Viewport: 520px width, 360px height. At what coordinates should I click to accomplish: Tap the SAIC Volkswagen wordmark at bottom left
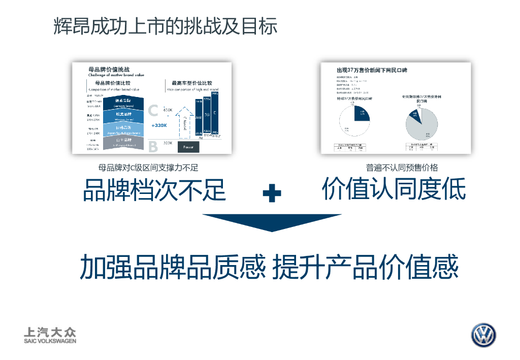(x=50, y=336)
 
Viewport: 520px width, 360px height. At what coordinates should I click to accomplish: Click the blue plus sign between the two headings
(x=272, y=193)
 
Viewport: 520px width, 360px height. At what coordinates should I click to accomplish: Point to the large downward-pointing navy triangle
(x=272, y=221)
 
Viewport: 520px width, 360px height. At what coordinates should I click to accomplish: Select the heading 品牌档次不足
(x=154, y=190)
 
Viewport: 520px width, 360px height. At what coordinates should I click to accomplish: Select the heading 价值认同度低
(x=394, y=189)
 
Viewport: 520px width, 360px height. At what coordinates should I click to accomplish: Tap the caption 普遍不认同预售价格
(x=402, y=168)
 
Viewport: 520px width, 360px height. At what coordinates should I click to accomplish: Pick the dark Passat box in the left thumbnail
(x=188, y=146)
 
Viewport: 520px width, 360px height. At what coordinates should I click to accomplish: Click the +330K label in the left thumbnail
(x=159, y=125)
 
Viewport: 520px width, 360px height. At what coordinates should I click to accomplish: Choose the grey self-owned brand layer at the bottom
(x=123, y=143)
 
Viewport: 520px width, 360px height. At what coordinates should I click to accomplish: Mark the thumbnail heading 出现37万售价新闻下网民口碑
(x=372, y=70)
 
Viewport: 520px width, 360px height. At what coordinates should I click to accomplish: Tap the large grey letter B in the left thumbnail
(x=153, y=147)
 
